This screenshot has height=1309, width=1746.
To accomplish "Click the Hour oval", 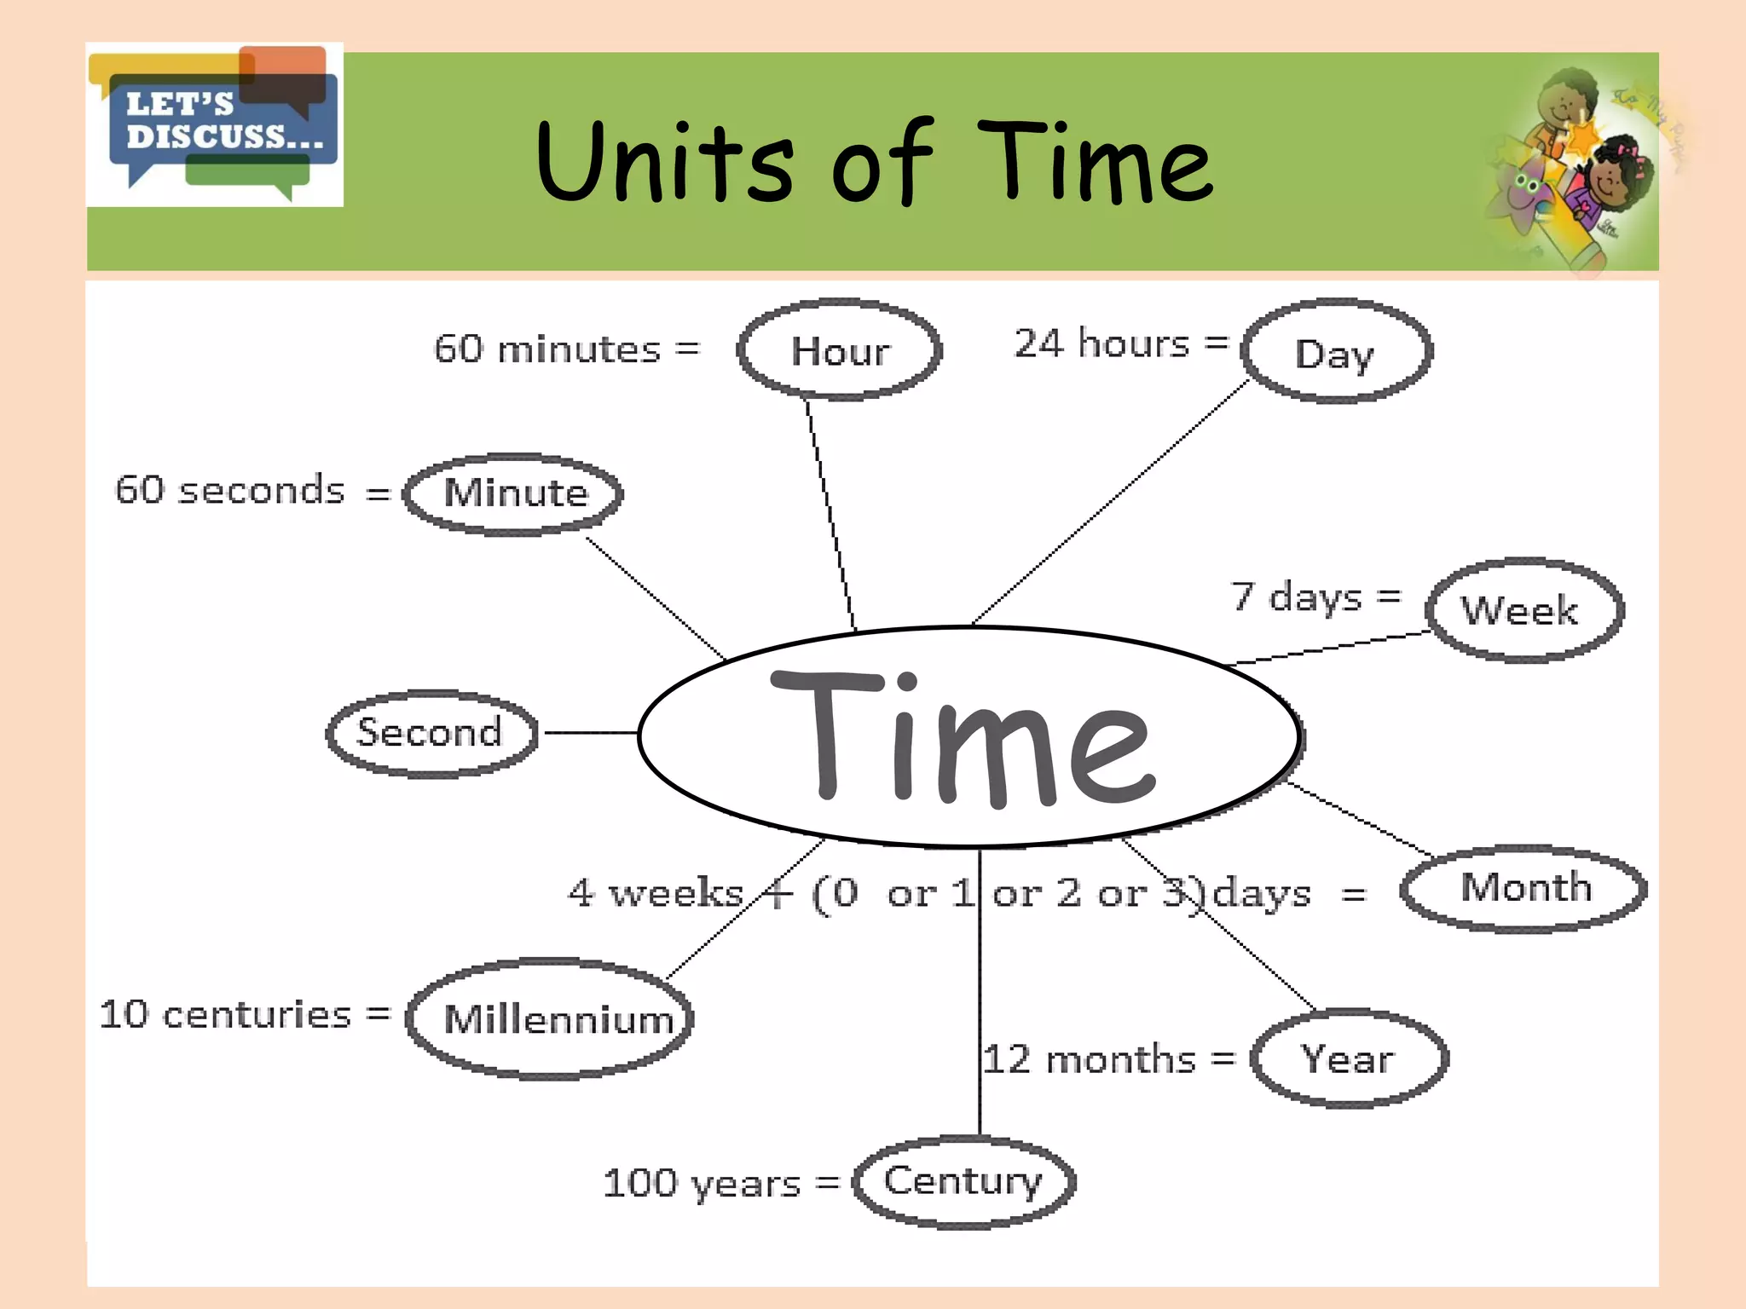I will (840, 349).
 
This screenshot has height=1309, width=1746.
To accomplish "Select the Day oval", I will (1336, 351).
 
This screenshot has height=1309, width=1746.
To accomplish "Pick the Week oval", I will (1524, 610).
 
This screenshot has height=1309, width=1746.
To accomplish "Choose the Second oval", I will (431, 733).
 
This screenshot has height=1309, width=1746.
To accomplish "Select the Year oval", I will (1349, 1059).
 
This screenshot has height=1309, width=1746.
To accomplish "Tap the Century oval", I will (964, 1181).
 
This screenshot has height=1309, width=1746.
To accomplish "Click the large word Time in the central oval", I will (963, 737).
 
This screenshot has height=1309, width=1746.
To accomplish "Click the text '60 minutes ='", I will (567, 349).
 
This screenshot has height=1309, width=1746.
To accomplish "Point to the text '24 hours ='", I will (1120, 344).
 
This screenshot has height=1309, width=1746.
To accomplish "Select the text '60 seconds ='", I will (251, 491).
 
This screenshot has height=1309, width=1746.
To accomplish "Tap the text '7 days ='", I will (1315, 597).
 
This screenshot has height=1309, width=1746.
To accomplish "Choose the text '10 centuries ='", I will (245, 1015).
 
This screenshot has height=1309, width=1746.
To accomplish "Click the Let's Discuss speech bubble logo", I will (215, 124).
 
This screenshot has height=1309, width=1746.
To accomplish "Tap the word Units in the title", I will (665, 162).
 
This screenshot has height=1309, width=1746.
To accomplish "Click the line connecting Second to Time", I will (590, 733).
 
